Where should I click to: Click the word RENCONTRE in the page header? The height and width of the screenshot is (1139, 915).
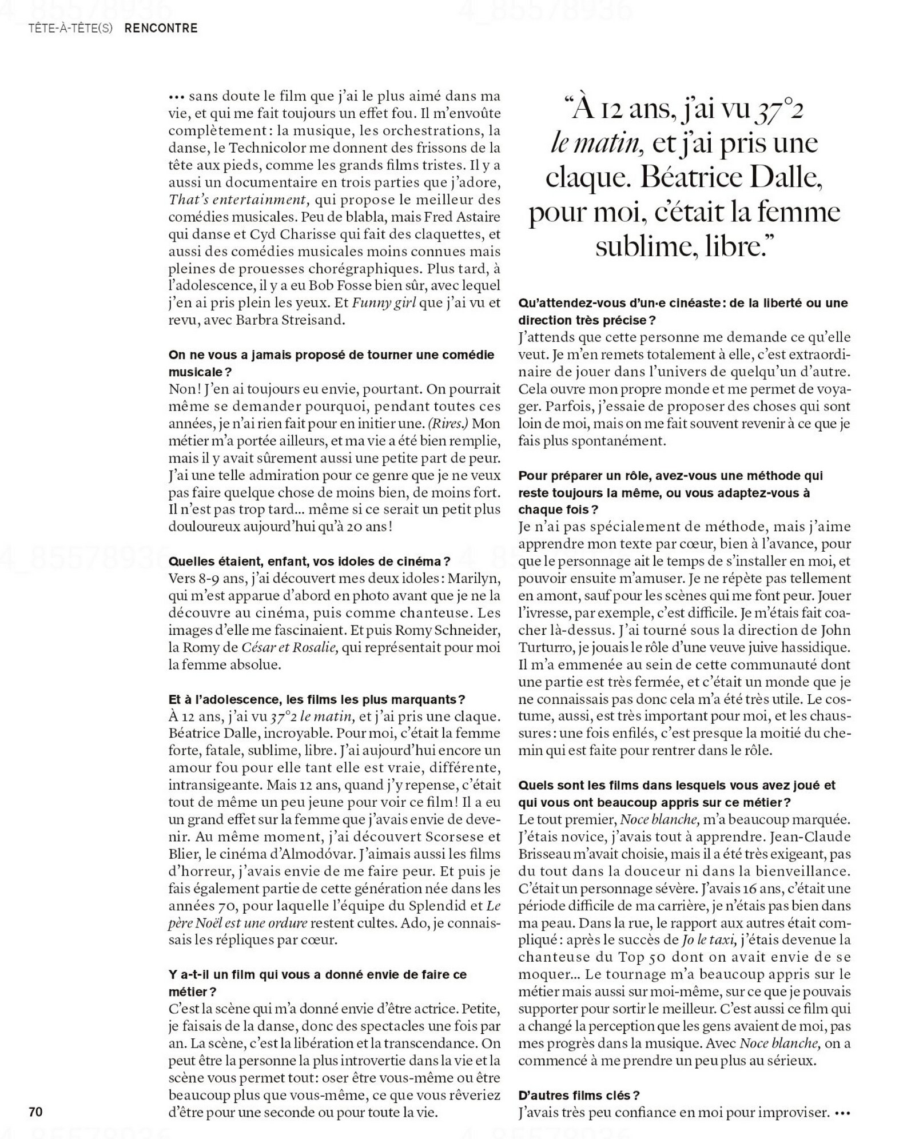click(x=161, y=28)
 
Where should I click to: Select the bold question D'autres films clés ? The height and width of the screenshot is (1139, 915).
click(x=579, y=1095)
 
